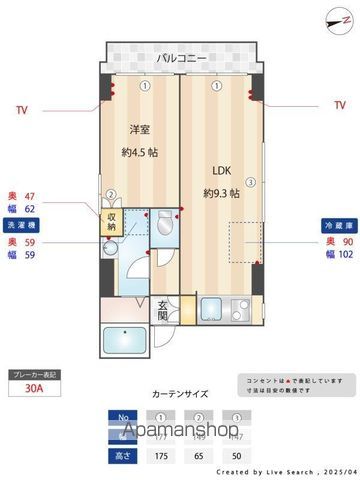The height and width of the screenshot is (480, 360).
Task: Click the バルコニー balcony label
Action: point(181,59)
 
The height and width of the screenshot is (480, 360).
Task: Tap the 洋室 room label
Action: point(140,129)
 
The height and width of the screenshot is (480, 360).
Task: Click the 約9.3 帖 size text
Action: point(220,192)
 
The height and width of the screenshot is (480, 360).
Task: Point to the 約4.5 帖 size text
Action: point(140,152)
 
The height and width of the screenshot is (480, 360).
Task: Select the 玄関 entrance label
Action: point(163,310)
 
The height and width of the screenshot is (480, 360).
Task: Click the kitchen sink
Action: point(211,309)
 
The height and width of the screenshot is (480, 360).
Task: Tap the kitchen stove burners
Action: point(239,309)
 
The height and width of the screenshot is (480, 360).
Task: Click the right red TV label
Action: point(339,104)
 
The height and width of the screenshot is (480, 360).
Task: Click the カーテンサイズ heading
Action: point(180,394)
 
